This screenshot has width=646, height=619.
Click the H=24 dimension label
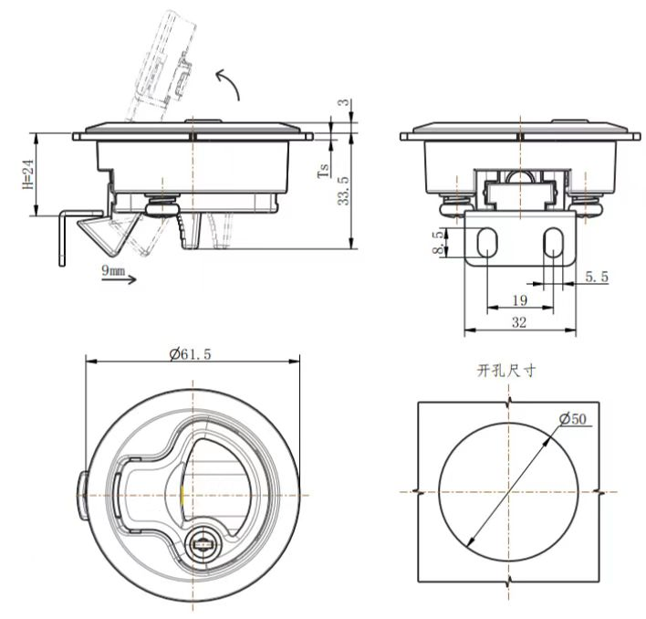pyautogui.click(x=27, y=174)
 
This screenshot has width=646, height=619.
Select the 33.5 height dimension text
pyautogui.click(x=342, y=191)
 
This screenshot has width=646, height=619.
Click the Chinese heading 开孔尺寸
pyautogui.click(x=506, y=371)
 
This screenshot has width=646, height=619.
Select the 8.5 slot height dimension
pyautogui.click(x=440, y=242)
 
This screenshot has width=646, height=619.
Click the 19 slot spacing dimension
pyautogui.click(x=518, y=299)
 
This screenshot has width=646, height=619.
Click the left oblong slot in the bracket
pyautogui.click(x=487, y=244)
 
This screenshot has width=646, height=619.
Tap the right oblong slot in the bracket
pyautogui.click(x=553, y=244)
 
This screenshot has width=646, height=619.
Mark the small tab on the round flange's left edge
pyautogui.click(x=80, y=493)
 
